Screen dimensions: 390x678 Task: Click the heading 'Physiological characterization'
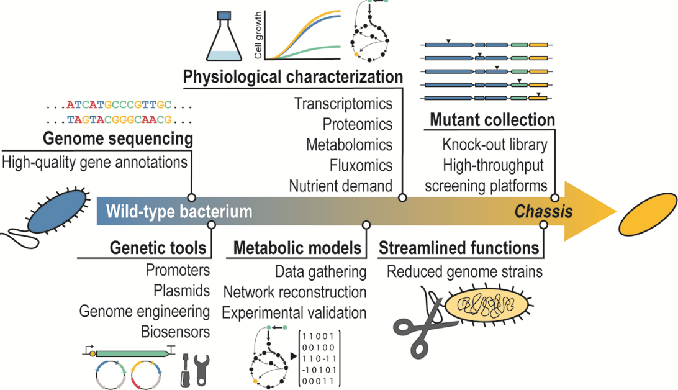point(292,78)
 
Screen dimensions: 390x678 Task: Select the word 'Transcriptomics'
point(343,104)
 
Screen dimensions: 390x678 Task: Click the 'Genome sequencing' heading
point(117,138)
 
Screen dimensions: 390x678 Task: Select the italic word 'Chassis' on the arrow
point(543,212)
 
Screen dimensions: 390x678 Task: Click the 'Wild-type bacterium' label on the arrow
point(179,212)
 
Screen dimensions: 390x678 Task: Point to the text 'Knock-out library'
point(495,145)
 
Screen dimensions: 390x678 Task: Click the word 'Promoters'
point(178,271)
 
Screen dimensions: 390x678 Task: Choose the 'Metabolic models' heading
point(297,248)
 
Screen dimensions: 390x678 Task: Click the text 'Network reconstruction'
point(294,292)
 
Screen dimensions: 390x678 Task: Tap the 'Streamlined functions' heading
point(459,248)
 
